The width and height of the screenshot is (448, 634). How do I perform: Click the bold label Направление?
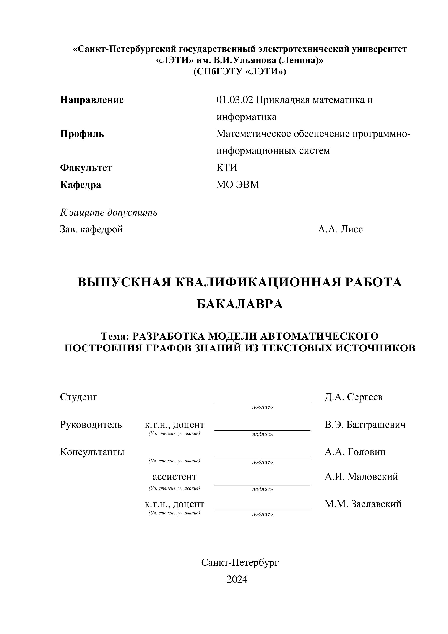point(92,100)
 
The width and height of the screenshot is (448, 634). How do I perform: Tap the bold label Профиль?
point(82,134)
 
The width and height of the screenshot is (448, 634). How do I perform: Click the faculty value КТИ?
point(227,168)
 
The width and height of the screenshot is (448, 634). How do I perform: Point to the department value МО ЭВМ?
point(238,185)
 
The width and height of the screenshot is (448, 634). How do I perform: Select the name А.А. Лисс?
point(340,229)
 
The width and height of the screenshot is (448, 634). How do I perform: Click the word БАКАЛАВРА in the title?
point(240,304)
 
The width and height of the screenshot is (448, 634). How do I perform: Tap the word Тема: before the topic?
point(115,336)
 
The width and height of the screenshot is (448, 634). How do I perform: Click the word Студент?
point(79,397)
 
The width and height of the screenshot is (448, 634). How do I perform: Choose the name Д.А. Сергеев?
point(353,397)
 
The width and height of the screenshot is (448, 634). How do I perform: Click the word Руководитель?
point(91,424)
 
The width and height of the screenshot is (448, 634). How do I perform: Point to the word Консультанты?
point(92,452)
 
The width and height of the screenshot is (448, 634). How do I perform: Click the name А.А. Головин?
point(355,452)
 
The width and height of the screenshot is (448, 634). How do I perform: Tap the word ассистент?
point(174,477)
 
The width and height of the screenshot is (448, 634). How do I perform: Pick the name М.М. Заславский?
point(363,504)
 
